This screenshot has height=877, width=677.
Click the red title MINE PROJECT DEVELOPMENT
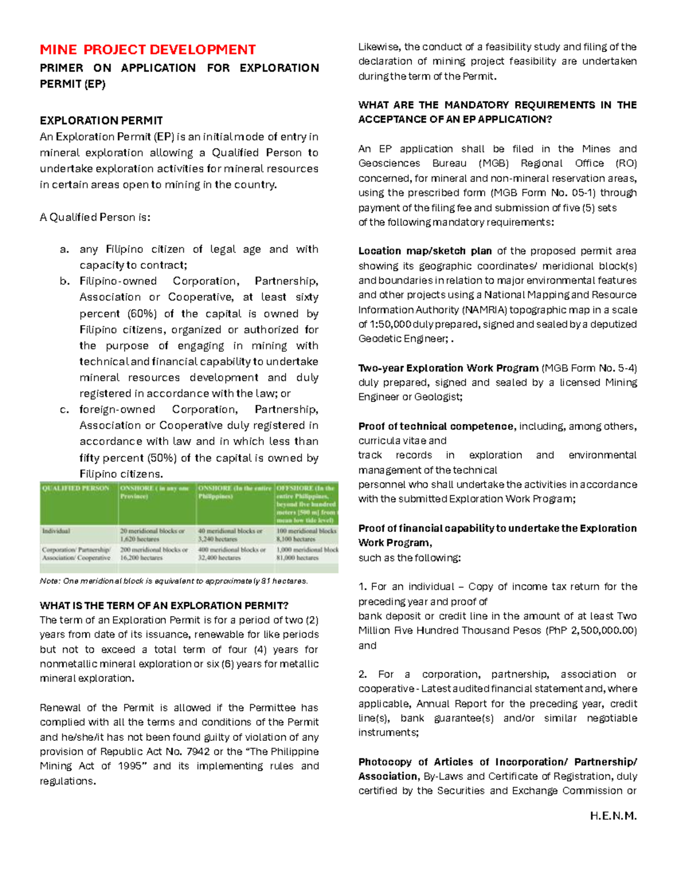tap(147, 50)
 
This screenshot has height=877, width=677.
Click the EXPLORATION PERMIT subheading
tap(101, 120)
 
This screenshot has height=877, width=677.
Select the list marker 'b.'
tap(65, 281)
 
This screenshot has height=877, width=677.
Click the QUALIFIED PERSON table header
tap(76, 488)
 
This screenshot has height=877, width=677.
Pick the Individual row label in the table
tap(56, 531)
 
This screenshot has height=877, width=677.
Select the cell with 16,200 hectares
tap(142, 557)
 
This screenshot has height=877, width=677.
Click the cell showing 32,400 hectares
tap(219, 557)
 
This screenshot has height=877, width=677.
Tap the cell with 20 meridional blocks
tap(152, 531)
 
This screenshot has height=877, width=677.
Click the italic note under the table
tap(174, 581)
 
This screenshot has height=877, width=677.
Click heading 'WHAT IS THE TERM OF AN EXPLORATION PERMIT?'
tap(164, 605)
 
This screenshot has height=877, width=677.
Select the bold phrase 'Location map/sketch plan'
tap(425, 251)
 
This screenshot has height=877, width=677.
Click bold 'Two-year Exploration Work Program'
tap(449, 368)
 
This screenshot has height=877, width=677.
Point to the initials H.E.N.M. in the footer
tap(613, 816)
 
